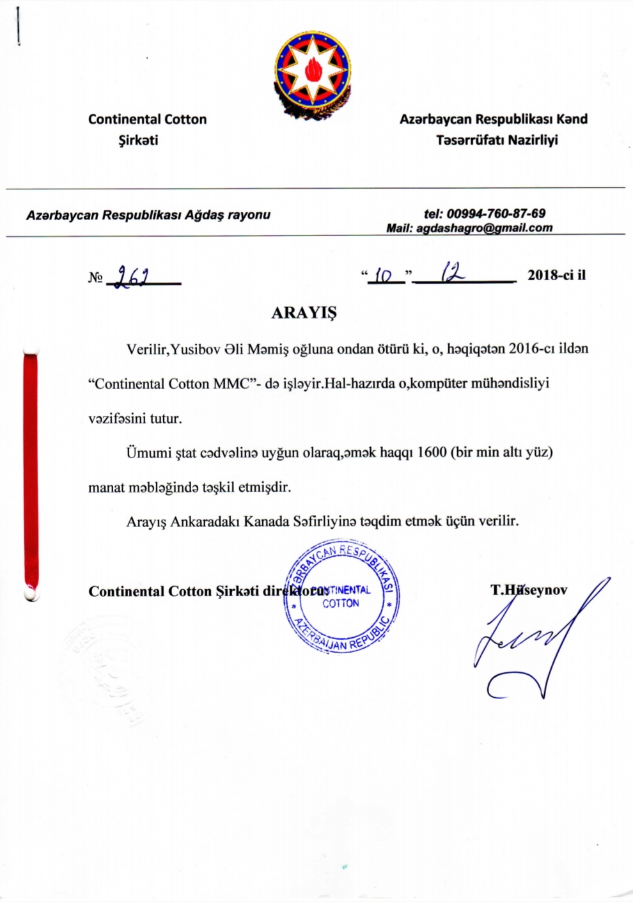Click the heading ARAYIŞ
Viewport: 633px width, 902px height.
[x=304, y=313]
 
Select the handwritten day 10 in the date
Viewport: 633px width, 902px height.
[x=384, y=276]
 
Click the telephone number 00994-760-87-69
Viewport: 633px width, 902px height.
[x=496, y=214]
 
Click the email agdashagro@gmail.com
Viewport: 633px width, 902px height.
[x=484, y=228]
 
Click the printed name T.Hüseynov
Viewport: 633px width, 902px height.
[x=529, y=590]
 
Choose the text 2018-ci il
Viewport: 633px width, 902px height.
[x=556, y=276]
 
